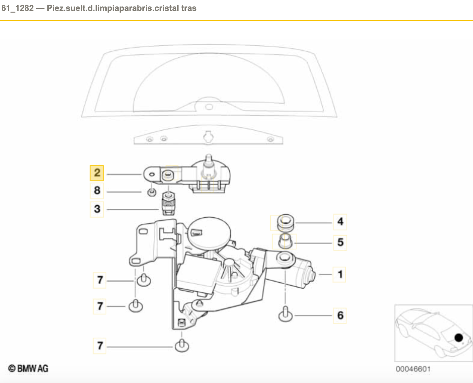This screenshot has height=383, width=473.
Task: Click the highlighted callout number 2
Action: click(x=97, y=173)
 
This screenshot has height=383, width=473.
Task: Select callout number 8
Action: click(x=97, y=191)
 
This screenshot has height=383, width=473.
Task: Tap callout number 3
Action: click(x=97, y=209)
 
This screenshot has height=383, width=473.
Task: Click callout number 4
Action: click(x=340, y=221)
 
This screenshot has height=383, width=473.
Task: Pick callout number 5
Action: click(x=340, y=242)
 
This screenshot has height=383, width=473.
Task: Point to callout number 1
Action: click(x=340, y=274)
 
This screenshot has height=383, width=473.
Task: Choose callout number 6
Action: click(x=340, y=315)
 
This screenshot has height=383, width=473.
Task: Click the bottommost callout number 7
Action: click(x=100, y=346)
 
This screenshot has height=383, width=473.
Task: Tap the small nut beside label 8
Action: click(x=152, y=192)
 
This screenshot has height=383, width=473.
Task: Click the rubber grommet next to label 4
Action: click(x=286, y=223)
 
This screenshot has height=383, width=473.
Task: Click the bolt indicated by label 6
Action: click(x=285, y=314)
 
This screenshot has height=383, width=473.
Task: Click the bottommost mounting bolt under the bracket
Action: click(x=182, y=346)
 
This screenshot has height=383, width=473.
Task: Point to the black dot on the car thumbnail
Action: click(x=458, y=338)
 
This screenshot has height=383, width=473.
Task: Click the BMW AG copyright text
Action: click(x=28, y=368)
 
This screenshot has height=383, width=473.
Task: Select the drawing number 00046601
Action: click(x=413, y=369)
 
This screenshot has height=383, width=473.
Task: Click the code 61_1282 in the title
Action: click(x=18, y=8)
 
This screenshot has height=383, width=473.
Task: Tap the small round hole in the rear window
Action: click(x=209, y=107)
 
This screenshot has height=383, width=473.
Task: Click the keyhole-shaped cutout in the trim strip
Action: click(x=208, y=137)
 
